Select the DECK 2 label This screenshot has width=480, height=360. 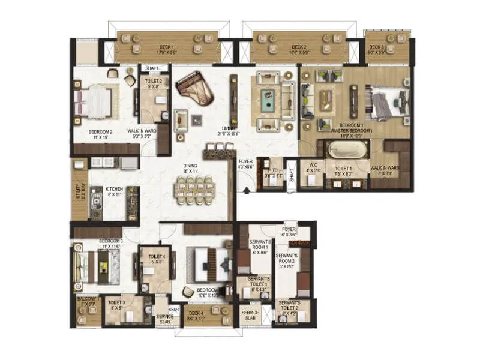(299, 47)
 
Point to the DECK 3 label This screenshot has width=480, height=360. (376, 47)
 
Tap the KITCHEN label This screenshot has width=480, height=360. (114, 189)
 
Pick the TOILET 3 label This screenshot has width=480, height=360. (118, 303)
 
